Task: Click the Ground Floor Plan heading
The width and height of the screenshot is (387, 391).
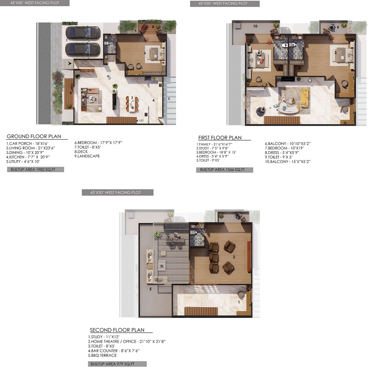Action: [34, 137]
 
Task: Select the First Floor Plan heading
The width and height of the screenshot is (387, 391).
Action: [220, 138]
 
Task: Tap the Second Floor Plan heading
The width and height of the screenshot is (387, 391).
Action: [117, 330]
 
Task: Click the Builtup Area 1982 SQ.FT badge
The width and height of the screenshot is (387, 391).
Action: [36, 169]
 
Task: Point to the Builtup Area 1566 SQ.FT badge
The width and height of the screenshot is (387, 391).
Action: [224, 170]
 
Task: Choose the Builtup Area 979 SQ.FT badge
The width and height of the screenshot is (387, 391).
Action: [117, 364]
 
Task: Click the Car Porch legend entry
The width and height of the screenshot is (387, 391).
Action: [27, 143]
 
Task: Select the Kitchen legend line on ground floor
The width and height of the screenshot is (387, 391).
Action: [28, 157]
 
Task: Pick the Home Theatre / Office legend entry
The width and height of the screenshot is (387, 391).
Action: [127, 341]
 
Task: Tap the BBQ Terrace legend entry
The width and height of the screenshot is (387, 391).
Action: [102, 355]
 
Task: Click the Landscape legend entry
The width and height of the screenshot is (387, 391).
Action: [87, 156]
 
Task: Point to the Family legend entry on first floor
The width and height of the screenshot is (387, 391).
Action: [214, 144]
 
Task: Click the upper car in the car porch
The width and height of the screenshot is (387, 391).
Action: [83, 33]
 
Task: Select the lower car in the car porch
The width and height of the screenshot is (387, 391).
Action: [83, 50]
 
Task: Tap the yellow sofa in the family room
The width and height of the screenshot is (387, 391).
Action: [305, 98]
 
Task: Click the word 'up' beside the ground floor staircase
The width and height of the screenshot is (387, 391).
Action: [141, 120]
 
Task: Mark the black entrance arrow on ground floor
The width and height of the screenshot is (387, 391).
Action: [70, 63]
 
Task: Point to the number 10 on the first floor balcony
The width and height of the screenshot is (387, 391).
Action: [255, 26]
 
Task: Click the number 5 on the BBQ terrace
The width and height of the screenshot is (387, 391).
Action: [151, 289]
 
